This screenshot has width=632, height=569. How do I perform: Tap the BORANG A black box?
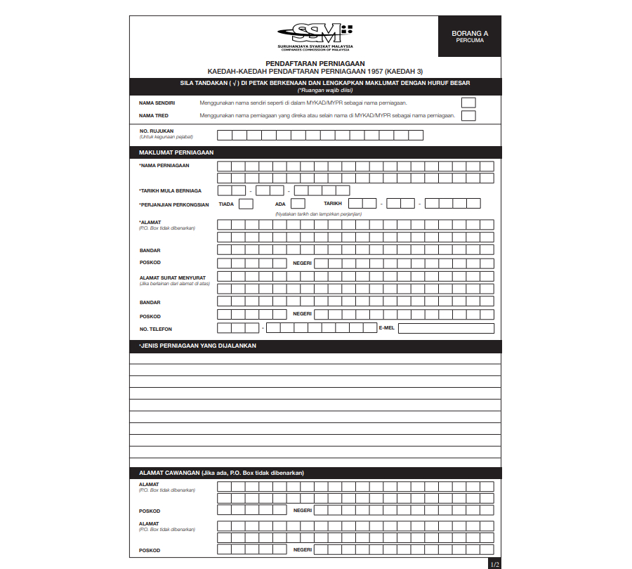pos(469,37)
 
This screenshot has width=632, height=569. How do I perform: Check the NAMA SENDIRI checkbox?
pos(468,103)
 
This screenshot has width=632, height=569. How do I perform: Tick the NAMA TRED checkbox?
pos(468,116)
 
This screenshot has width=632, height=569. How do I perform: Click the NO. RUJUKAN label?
pos(157,131)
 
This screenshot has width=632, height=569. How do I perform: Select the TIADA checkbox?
pos(246,204)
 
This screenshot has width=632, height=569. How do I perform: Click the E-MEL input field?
pos(446,328)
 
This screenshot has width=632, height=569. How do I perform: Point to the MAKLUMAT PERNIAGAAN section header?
pos(176,152)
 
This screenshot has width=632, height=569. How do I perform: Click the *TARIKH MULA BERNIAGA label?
pos(171,190)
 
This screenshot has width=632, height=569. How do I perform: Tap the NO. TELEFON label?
pos(155,329)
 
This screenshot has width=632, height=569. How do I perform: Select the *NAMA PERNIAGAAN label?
pos(164,166)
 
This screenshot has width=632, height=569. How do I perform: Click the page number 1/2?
pos(494,563)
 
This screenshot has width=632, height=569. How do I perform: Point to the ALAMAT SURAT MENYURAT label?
pos(168,277)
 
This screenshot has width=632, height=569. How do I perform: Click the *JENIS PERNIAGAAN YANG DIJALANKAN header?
pos(198,346)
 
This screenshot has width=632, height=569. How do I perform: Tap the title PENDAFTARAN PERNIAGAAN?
pos(315,63)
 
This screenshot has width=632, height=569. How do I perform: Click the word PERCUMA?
pos(469,40)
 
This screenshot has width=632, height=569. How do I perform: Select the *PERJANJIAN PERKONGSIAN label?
pos(174,204)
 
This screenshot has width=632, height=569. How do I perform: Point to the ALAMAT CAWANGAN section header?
pos(221,473)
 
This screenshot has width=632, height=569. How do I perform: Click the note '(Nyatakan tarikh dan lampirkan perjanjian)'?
pos(319,213)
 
